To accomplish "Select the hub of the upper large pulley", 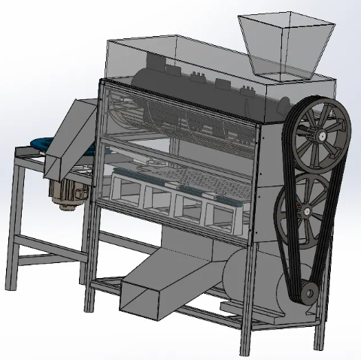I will pyautogui.click(x=321, y=136).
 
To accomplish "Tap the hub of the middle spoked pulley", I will pyautogui.click(x=306, y=207).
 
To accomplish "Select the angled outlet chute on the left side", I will pyautogui.click(x=72, y=139).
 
